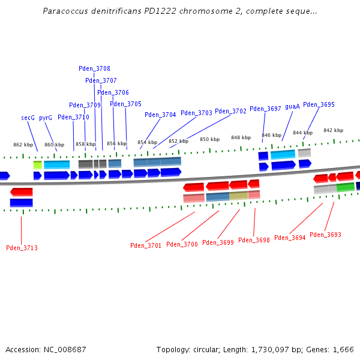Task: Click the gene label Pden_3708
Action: coord(94,68)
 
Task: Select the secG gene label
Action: coord(28,118)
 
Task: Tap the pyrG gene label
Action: coord(46,118)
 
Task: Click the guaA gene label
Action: coord(292,106)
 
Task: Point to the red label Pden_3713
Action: coord(22,248)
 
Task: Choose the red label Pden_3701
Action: coord(146,245)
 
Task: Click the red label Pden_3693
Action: coord(325,235)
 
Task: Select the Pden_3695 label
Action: coord(319,104)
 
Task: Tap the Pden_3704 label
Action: coord(160,115)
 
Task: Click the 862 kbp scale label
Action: coord(23,145)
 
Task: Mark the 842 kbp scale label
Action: coord(333,130)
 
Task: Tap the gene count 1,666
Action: coord(343,349)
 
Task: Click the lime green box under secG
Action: coord(37,164)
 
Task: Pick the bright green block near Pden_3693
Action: coord(345,187)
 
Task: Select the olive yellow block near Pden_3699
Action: coord(238,196)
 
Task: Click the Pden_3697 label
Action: coord(265,109)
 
